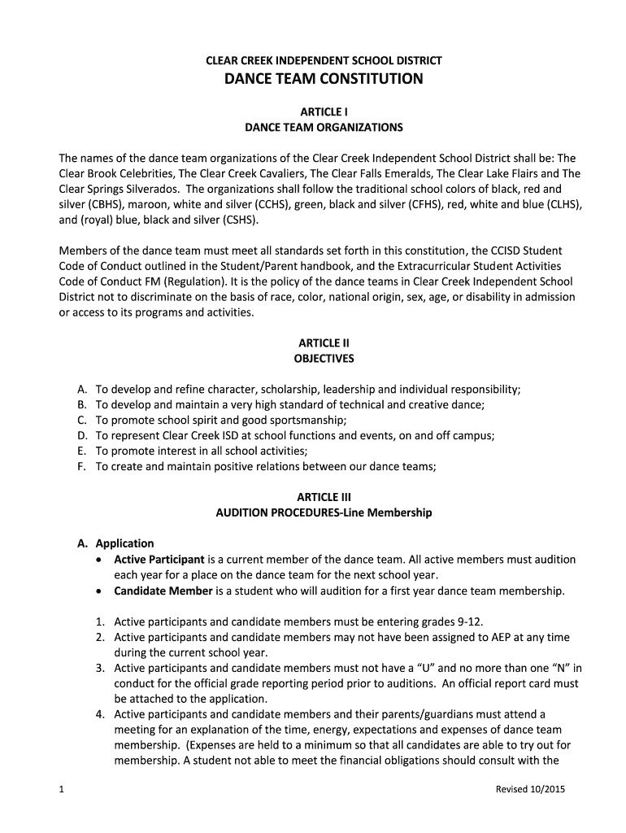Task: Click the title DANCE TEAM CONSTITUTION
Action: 324,79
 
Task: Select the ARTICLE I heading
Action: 324,111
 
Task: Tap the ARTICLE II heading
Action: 324,342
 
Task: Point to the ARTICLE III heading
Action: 324,496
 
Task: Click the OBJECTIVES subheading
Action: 324,358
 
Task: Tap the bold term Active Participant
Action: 159,560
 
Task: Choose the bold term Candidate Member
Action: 163,591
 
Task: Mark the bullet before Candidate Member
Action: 99,591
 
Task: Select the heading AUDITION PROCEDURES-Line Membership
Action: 324,512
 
